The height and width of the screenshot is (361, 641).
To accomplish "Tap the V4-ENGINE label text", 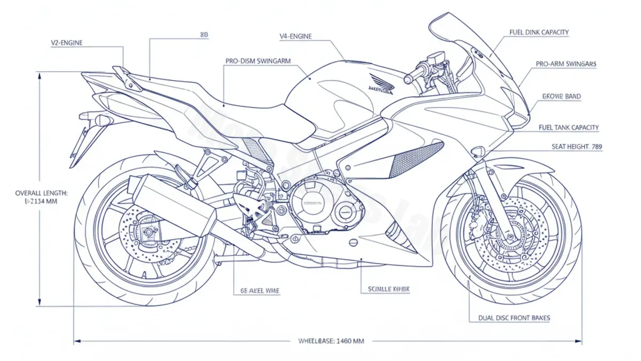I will [x=295, y=36].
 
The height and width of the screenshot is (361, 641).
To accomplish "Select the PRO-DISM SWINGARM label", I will [x=257, y=62].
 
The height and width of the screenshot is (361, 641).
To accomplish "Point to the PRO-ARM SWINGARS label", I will [x=566, y=64].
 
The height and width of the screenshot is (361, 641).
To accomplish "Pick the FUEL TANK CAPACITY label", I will [x=569, y=128].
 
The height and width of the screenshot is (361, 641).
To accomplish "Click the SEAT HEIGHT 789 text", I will [x=576, y=146].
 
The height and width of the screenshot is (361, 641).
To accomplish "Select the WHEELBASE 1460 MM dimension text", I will [x=331, y=341].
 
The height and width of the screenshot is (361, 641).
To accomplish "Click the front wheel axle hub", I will [x=512, y=228].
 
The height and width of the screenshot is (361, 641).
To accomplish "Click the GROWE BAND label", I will [x=561, y=97].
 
